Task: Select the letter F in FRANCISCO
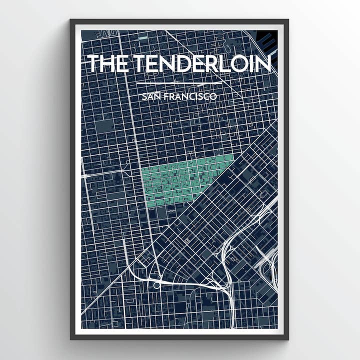pyautogui.click(x=165, y=96)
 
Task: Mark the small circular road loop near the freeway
pyautogui.click(x=156, y=285)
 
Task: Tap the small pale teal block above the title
pyautogui.click(x=143, y=38)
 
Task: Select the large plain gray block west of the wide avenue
pyautogui.click(x=105, y=125)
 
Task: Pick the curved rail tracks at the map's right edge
pyautogui.click(x=272, y=270)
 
